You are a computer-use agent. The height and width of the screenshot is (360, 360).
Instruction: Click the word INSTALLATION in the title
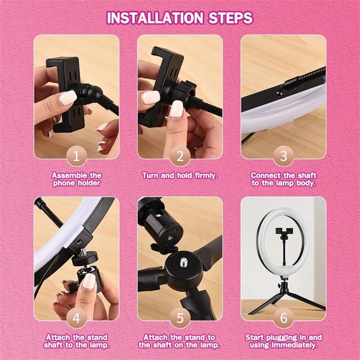coord(155,18)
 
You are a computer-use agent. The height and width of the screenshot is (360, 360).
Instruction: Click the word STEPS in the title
coord(230,18)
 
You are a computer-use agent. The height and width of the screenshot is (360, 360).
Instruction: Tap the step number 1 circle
coord(76,156)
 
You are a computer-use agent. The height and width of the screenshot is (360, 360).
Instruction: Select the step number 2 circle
coord(180,156)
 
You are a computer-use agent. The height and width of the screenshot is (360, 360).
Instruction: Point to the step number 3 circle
coord(284,156)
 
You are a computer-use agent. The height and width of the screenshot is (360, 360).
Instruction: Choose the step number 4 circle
coord(76,318)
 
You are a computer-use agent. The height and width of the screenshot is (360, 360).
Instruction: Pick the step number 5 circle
coord(180,318)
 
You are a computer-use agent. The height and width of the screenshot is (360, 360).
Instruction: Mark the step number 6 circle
coord(284,318)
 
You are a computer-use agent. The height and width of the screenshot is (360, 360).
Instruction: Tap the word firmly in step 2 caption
coord(206,176)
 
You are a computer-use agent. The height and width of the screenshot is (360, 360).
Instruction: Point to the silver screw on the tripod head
coord(184,261)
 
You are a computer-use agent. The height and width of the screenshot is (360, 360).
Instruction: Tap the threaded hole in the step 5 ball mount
coord(170,237)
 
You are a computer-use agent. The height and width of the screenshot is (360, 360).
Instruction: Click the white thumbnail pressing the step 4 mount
coord(89,282)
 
